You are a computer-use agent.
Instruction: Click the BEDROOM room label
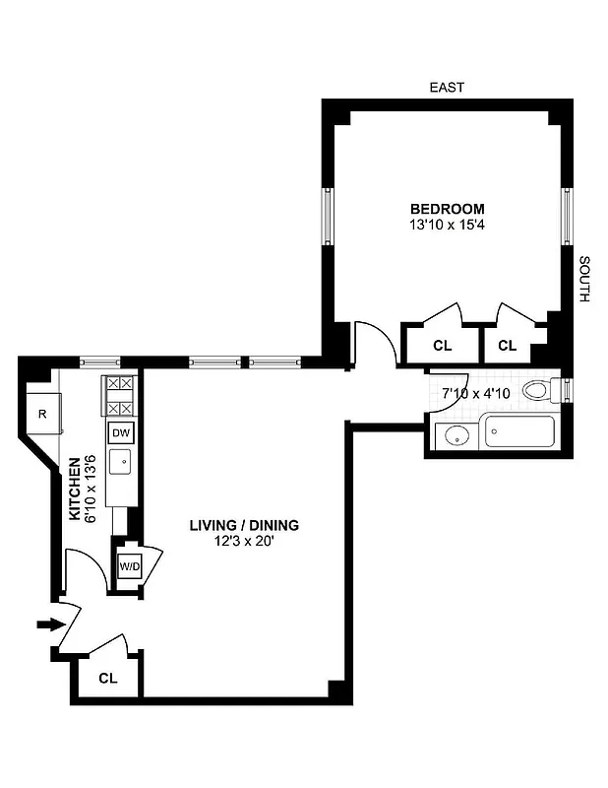point(448,208)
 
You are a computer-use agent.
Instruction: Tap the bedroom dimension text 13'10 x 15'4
point(448,225)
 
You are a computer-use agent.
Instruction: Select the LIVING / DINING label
point(244,525)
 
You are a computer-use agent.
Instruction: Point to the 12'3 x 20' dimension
point(244,542)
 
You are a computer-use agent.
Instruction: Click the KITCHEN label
point(74,488)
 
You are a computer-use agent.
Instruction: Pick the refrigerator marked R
point(43,414)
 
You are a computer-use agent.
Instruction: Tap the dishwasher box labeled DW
point(120,432)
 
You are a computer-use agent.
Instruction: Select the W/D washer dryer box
point(128,567)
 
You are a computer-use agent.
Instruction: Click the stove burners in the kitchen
point(119,396)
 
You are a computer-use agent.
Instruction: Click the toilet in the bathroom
point(538,390)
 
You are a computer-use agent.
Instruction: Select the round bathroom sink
point(455,434)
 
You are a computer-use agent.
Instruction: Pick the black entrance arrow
point(48,624)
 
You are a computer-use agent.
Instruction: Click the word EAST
point(447,88)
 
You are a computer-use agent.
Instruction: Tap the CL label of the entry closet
point(108,679)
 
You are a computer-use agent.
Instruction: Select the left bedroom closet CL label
point(442,346)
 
